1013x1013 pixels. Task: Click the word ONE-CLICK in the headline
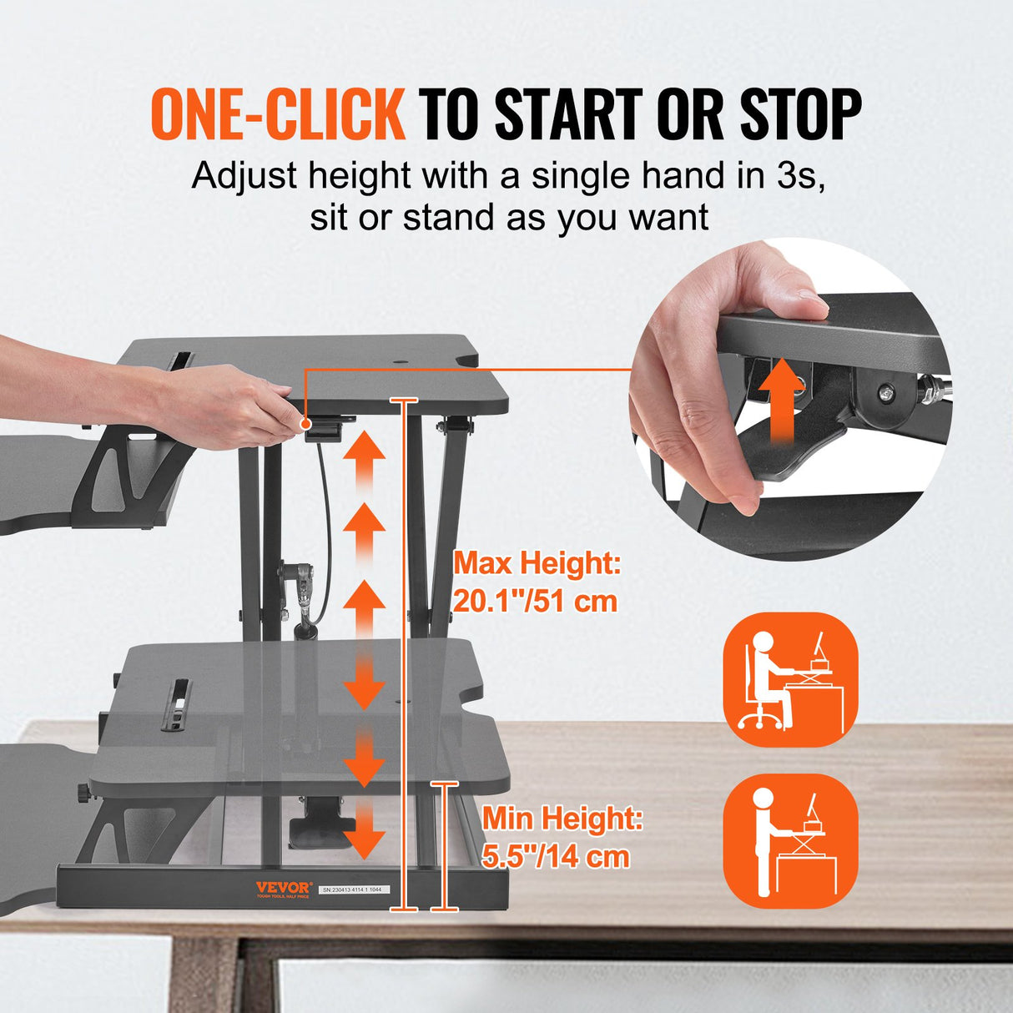click(x=277, y=114)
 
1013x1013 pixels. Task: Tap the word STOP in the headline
click(x=800, y=114)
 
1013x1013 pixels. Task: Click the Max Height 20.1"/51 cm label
click(x=537, y=582)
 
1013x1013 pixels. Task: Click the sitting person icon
click(x=790, y=680)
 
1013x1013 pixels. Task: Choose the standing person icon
click(x=790, y=841)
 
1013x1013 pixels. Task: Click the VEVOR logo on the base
click(x=283, y=888)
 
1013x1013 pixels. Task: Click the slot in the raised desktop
click(x=179, y=360)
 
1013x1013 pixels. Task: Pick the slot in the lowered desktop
click(x=179, y=705)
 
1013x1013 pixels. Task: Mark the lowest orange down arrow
click(x=365, y=836)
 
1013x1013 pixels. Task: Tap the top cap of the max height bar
click(x=404, y=401)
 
